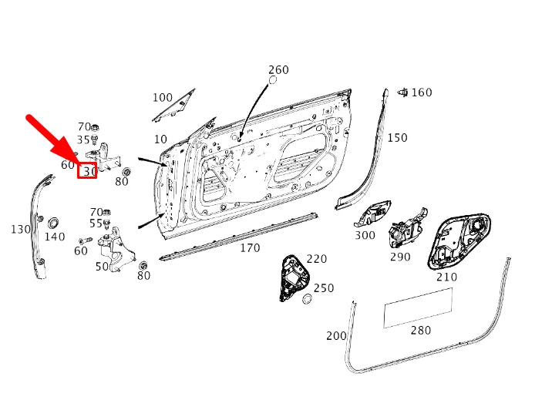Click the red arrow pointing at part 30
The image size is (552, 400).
[x=52, y=138]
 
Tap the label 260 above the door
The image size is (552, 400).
[x=278, y=69]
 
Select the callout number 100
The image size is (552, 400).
[x=163, y=97]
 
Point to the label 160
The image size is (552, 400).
[x=422, y=92]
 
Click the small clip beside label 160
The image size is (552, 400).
[x=402, y=92]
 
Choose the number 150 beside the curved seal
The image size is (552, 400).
[x=397, y=137]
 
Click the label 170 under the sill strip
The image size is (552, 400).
[x=250, y=248]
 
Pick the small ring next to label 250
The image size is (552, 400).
[x=308, y=299]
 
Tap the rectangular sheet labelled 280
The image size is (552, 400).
[x=418, y=308]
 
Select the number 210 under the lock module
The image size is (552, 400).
[x=446, y=277]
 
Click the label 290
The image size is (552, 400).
[x=400, y=257]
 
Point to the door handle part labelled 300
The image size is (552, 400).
[x=372, y=213]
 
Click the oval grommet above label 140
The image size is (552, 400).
[x=53, y=223]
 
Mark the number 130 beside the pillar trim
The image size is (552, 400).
[x=21, y=230]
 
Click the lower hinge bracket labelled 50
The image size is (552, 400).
[x=116, y=250]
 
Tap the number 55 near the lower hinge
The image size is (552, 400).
[x=96, y=224]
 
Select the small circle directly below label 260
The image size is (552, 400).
[x=273, y=80]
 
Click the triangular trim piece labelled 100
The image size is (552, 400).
[x=174, y=105]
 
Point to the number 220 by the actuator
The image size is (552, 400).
[x=317, y=259]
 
